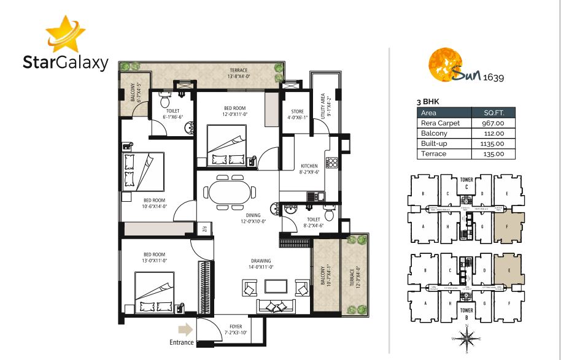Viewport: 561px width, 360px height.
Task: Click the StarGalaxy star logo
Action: (x=63, y=34)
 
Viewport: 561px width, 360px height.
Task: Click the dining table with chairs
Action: (x=229, y=191)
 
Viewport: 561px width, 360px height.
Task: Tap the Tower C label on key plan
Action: (x=466, y=183)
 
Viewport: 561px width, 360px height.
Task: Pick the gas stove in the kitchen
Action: (x=332, y=163)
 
